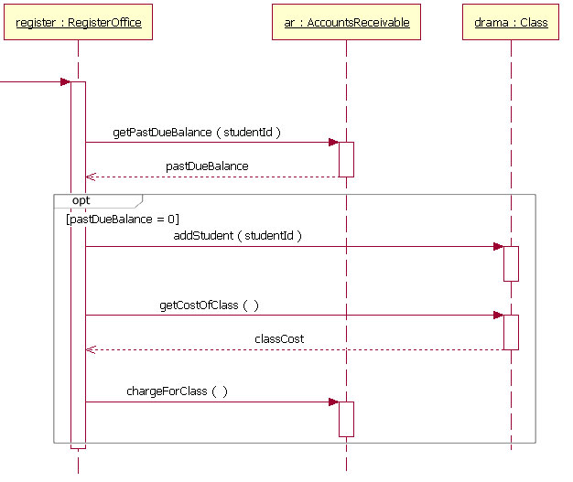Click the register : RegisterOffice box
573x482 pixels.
point(79,22)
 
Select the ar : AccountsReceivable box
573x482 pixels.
point(346,22)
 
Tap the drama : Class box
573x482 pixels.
point(511,22)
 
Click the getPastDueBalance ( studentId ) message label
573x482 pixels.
point(196,133)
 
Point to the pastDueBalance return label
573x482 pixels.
point(207,166)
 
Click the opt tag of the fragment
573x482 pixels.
point(81,199)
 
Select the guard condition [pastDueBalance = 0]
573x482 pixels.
point(123,219)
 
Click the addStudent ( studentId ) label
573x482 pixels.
point(237,235)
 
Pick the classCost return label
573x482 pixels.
point(279,338)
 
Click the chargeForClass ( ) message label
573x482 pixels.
point(177,391)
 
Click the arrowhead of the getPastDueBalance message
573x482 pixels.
point(334,142)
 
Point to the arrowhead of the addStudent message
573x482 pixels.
point(498,246)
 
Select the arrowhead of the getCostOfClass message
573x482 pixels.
point(498,316)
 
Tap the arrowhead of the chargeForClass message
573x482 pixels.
point(334,402)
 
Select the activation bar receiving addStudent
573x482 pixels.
point(511,263)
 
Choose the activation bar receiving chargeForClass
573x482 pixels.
point(346,419)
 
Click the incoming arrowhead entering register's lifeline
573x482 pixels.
point(65,82)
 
